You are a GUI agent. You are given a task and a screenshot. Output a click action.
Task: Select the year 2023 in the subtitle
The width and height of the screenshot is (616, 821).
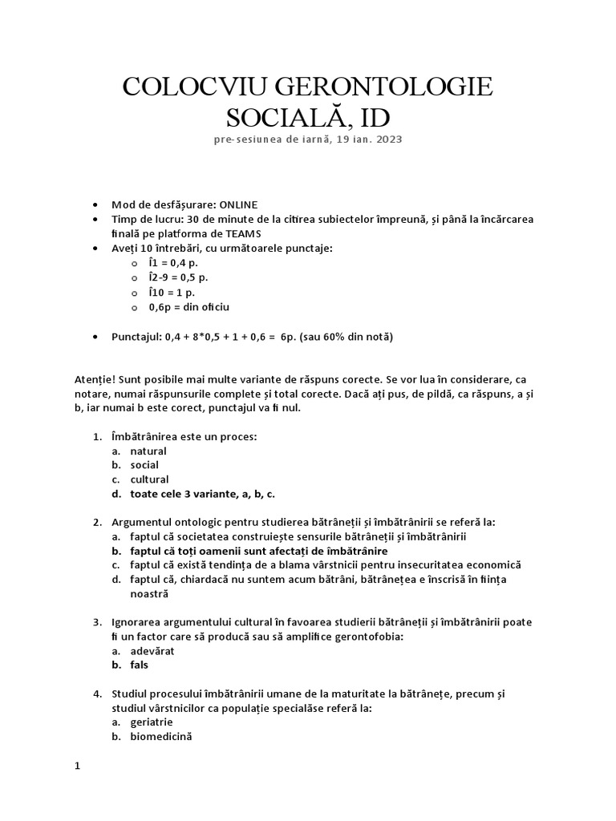pos(387,139)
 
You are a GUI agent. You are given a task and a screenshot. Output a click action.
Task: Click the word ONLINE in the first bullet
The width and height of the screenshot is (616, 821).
pos(236,204)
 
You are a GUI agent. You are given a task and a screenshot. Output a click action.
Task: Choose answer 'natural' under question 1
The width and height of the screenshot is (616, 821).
pos(148,451)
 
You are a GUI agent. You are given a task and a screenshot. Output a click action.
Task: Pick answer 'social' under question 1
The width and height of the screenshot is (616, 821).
pos(144,465)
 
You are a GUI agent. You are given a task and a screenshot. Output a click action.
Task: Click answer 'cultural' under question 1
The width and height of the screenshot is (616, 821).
pos(149,479)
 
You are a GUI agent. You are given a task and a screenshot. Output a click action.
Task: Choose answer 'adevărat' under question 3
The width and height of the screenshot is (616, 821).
pos(152,650)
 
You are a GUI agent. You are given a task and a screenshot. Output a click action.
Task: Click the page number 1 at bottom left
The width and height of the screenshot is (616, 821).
pos(77,766)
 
